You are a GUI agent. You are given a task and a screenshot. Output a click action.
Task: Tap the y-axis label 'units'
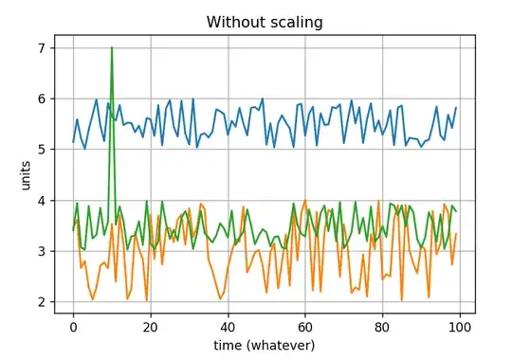pyautogui.click(x=27, y=175)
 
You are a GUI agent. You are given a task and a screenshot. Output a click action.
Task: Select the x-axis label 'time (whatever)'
pyautogui.click(x=265, y=345)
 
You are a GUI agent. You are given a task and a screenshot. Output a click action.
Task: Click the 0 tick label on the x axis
pyautogui.click(x=73, y=326)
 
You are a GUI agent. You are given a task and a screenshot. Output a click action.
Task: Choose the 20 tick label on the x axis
pyautogui.click(x=150, y=326)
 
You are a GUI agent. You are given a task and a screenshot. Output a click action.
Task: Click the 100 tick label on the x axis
pyautogui.click(x=459, y=326)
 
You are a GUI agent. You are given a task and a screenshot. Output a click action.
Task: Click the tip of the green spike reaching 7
pyautogui.click(x=112, y=47)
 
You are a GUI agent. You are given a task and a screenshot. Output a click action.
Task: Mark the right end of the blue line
pyautogui.click(x=456, y=108)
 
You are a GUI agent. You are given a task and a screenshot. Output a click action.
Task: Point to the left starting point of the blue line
pyautogui.click(x=73, y=142)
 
